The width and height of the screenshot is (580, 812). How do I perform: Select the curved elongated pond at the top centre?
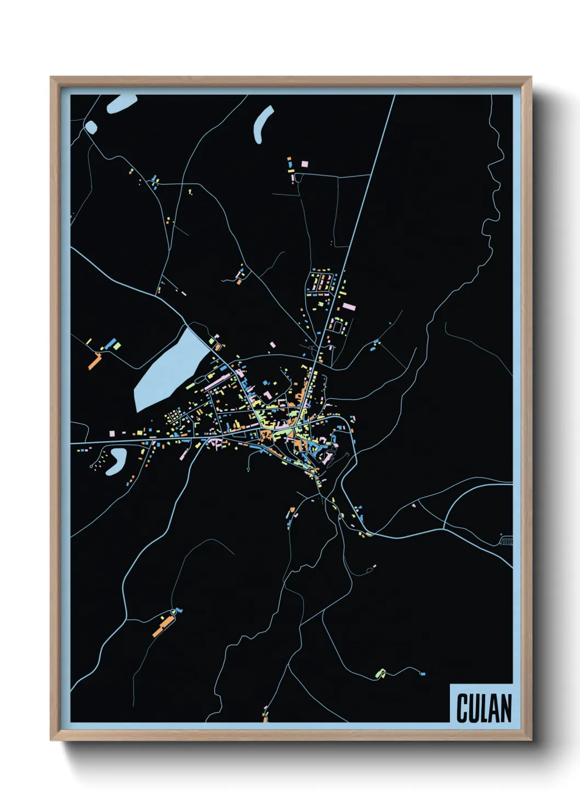pyautogui.click(x=262, y=125)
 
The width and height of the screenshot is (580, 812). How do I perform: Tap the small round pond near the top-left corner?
pyautogui.click(x=90, y=128)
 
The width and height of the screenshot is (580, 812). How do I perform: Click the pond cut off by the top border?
pyautogui.click(x=121, y=103)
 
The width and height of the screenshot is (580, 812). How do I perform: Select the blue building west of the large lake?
pyautogui.click(x=112, y=343)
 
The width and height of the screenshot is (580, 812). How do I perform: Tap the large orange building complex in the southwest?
pyautogui.click(x=163, y=625)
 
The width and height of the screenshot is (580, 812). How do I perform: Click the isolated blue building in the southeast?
pyautogui.click(x=422, y=673)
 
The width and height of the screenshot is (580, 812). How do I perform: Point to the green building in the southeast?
pyautogui.click(x=380, y=672)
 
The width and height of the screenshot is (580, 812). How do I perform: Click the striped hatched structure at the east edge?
pyautogui.click(x=507, y=542)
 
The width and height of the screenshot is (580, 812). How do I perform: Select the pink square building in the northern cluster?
pyautogui.click(x=304, y=163)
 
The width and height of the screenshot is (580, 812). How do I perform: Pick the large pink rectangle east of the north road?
pyautogui.click(x=349, y=306)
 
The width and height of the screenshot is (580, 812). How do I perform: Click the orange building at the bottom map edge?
pyautogui.click(x=266, y=717)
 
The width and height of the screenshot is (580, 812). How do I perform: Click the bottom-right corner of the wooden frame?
pyautogui.click(x=531, y=740)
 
